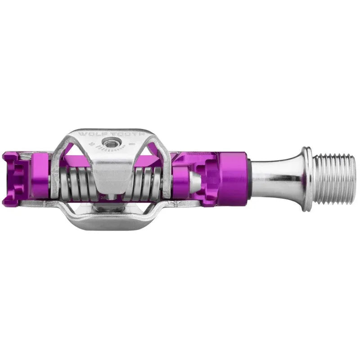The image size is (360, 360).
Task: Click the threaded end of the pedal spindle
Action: [334, 178]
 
